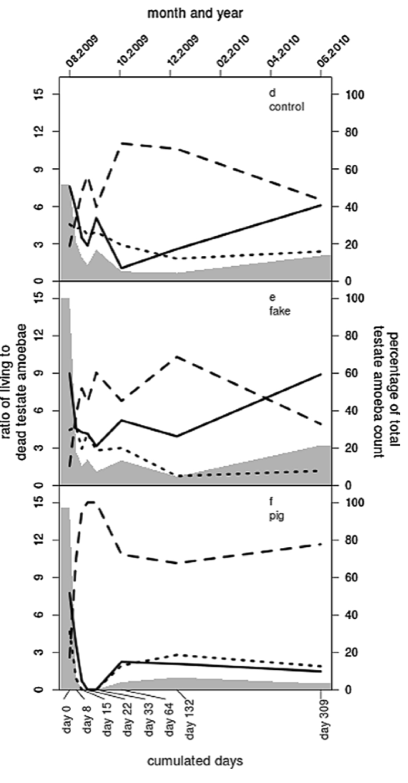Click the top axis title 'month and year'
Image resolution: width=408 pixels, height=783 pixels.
click(195, 13)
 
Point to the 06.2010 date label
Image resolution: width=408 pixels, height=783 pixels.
click(334, 51)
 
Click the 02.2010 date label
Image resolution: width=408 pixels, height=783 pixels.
click(233, 51)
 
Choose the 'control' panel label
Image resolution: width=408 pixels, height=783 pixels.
click(286, 107)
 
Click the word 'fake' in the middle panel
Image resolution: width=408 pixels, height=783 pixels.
click(279, 311)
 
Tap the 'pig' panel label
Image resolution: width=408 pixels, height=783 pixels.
click(276, 516)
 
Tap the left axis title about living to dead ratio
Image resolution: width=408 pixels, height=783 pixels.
click(14, 391)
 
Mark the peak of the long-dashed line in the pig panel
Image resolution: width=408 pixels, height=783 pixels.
click(91, 502)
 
